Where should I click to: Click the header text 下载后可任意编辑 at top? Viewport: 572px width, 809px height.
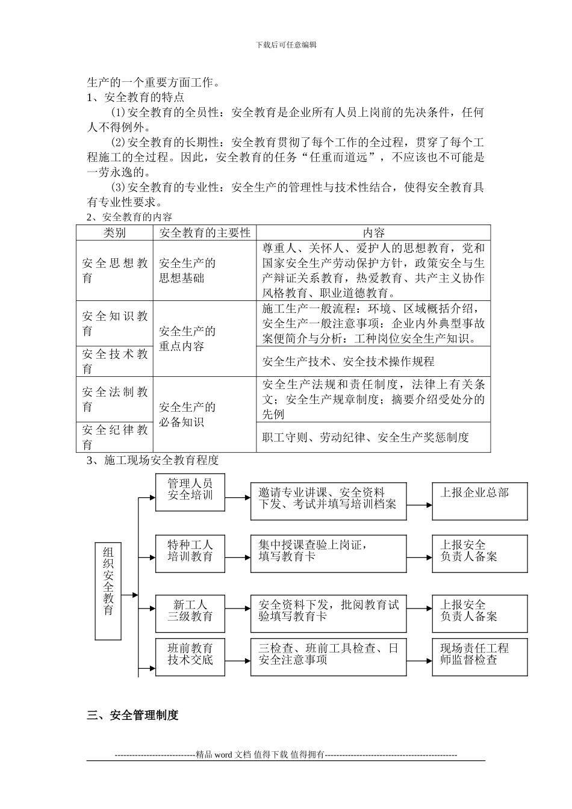(x=286, y=45)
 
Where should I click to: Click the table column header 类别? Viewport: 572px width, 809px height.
(x=114, y=232)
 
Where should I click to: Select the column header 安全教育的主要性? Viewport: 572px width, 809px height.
(x=205, y=232)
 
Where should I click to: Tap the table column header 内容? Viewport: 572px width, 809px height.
(x=373, y=232)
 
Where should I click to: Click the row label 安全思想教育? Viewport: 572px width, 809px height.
(x=114, y=270)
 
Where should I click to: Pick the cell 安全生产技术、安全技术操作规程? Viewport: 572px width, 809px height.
(x=349, y=362)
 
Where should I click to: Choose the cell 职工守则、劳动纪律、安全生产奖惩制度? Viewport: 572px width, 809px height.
(x=365, y=438)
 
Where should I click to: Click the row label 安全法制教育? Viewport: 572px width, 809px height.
(x=114, y=399)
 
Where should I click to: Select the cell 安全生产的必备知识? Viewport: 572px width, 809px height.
(x=187, y=414)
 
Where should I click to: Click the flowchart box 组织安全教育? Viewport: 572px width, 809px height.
(x=108, y=590)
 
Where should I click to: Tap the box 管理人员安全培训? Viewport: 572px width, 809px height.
(x=190, y=492)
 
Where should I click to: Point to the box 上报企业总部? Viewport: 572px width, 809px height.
(x=480, y=500)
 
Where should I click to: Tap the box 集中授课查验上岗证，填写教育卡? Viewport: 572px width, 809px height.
(x=329, y=553)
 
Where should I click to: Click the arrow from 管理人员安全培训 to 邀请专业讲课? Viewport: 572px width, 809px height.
(x=238, y=497)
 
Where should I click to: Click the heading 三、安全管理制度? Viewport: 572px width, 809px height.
(x=133, y=715)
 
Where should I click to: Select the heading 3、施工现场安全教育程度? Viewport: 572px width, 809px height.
(x=152, y=461)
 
